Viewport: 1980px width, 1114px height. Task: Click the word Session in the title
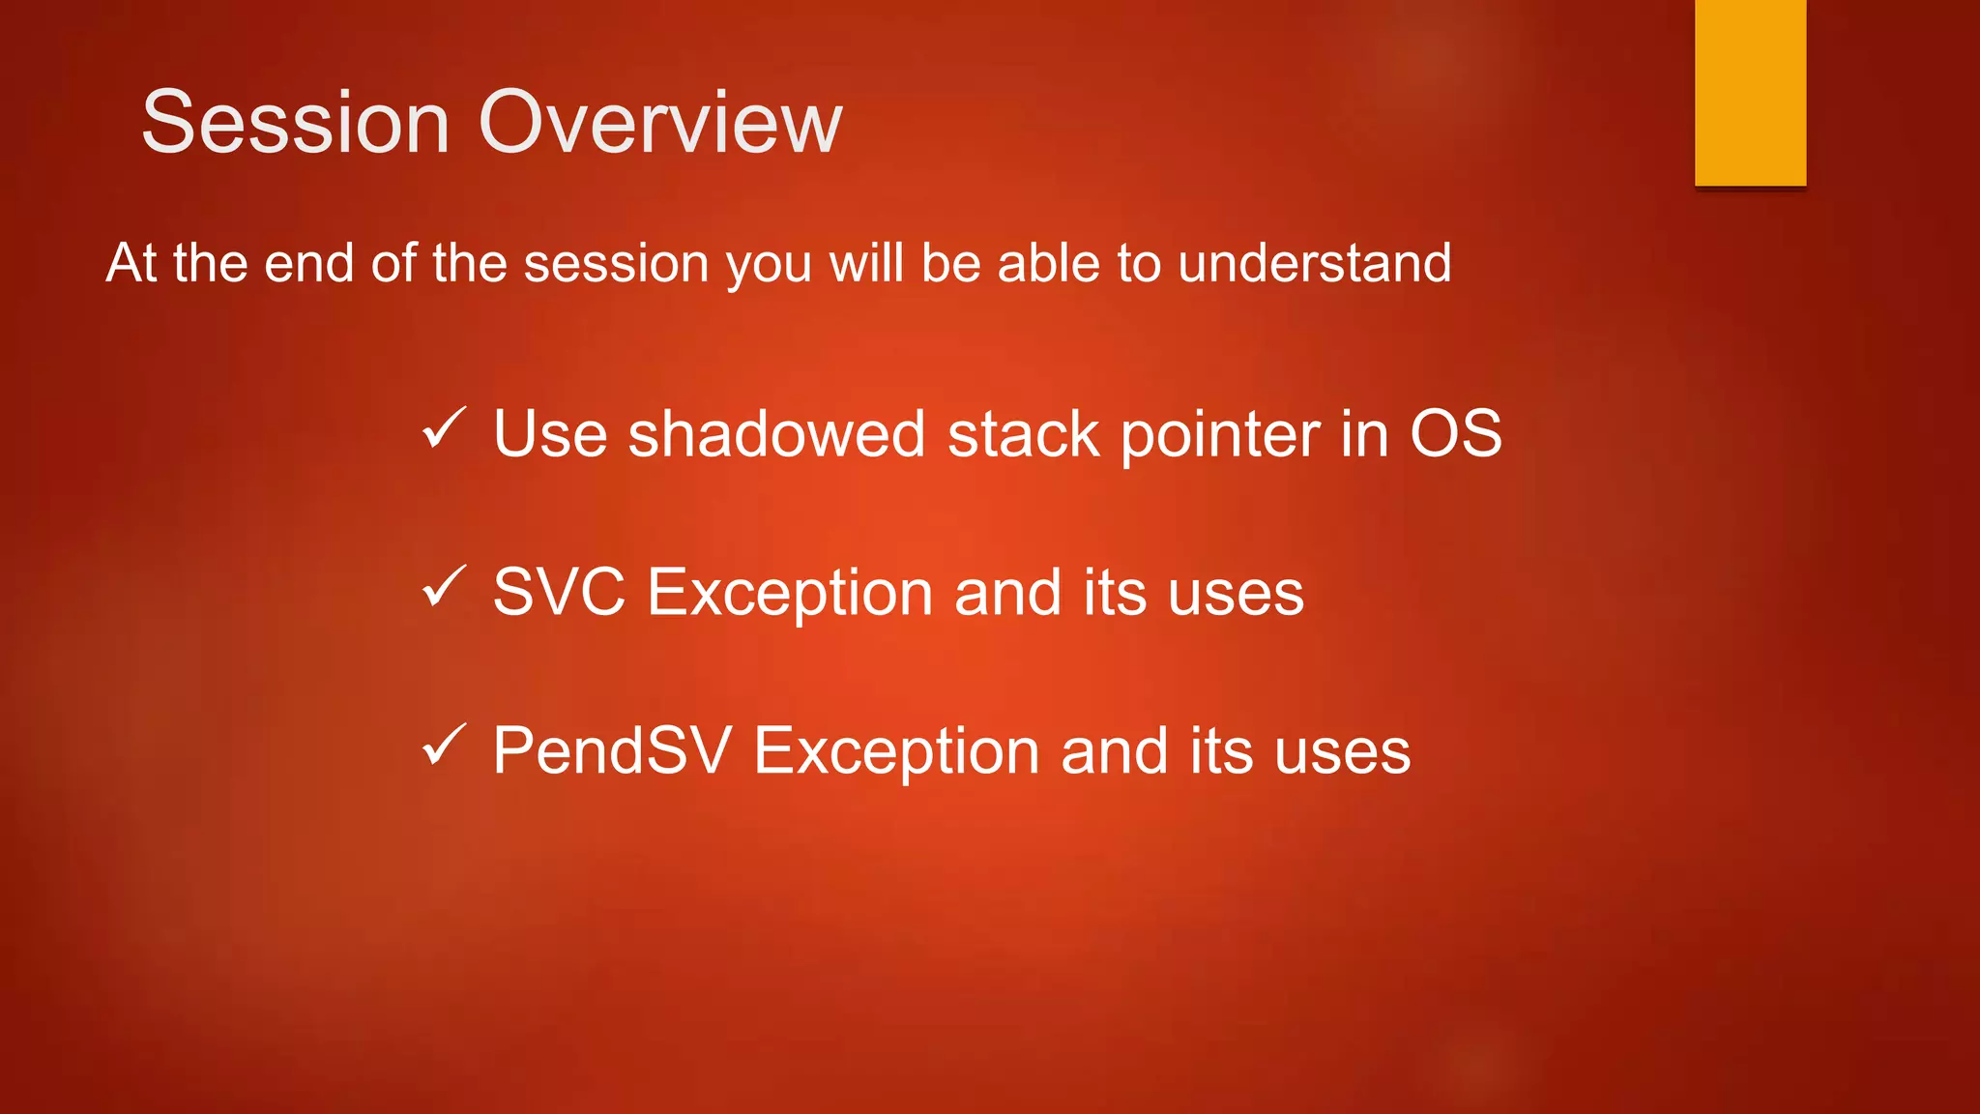pos(296,122)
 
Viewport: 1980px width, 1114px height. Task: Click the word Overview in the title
pos(660,122)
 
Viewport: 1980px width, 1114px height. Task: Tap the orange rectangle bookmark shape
pos(1750,92)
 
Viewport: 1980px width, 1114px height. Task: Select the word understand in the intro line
pos(1314,263)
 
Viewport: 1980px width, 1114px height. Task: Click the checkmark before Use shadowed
pos(445,428)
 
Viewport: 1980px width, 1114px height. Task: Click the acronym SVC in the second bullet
pos(559,592)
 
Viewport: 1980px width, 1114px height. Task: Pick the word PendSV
pos(612,750)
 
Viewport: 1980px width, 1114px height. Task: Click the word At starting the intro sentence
pos(131,263)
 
